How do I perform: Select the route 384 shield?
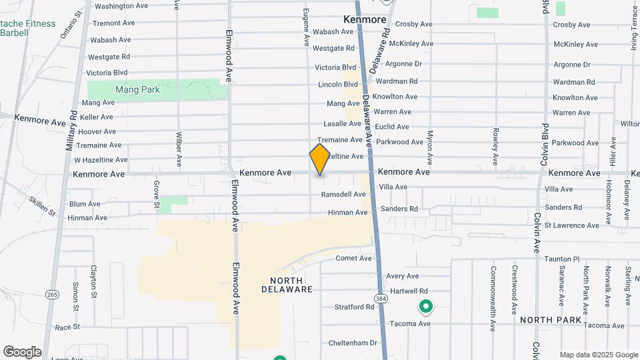[x=380, y=297]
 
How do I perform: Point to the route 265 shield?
[x=52, y=294]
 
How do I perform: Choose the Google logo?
[x=22, y=352]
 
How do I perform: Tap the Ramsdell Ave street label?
[x=343, y=195]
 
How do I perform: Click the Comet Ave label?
[x=353, y=258]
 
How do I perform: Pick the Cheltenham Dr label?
[x=353, y=343]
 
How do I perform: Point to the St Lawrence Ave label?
[x=571, y=225]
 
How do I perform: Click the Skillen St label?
[x=42, y=205]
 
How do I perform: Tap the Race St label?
[x=67, y=327]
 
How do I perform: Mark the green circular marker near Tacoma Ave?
[x=425, y=307]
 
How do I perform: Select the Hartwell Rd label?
[x=409, y=291]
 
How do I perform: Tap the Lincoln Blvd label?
[x=338, y=85]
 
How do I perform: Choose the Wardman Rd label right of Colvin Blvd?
[x=573, y=82]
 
